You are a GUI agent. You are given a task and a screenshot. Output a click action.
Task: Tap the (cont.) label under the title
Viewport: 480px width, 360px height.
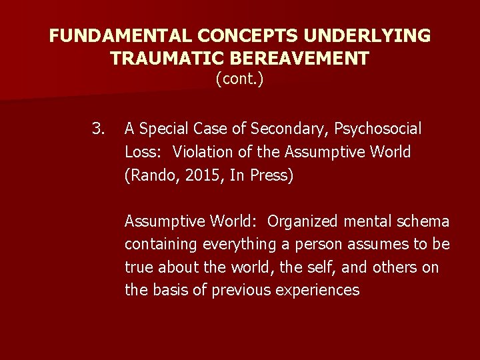(240, 79)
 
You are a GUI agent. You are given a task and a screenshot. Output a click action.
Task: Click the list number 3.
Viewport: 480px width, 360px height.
(99, 127)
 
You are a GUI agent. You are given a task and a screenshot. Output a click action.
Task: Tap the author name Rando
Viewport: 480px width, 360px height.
(148, 177)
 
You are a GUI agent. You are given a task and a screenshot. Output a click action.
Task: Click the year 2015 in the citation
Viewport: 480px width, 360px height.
(191, 177)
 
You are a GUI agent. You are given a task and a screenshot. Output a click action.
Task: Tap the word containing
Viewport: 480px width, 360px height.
(161, 245)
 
